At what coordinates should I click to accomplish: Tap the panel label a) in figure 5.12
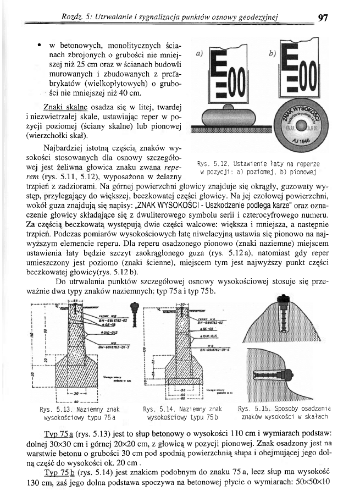tap(200, 55)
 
